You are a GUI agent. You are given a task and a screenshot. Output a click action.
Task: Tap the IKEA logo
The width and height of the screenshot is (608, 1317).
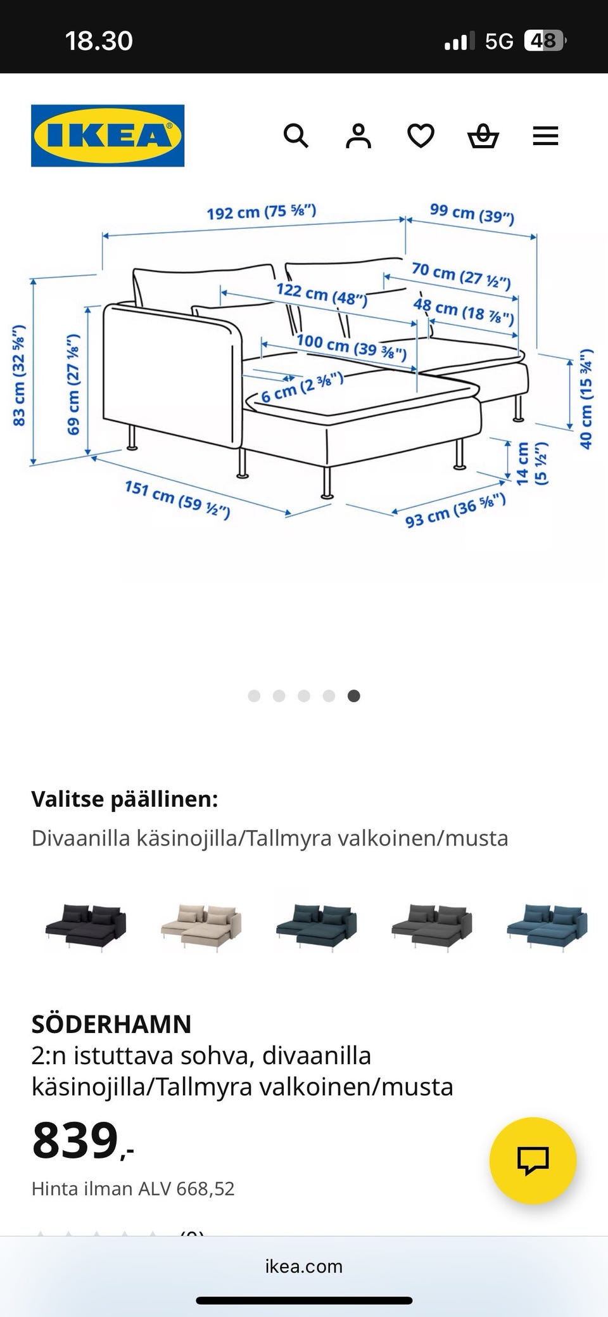click(108, 136)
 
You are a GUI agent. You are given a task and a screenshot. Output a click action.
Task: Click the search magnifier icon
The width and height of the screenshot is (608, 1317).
click(296, 136)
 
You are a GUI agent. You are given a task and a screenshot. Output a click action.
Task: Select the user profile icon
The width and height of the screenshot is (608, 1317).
click(358, 136)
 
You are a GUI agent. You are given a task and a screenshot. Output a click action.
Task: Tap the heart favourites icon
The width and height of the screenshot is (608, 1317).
click(421, 136)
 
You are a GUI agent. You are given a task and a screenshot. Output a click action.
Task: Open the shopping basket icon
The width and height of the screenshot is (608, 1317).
click(483, 136)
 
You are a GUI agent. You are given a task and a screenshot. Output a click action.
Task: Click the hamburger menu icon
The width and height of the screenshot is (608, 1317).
click(545, 136)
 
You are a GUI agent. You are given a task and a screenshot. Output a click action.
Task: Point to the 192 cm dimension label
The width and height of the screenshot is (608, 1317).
click(261, 212)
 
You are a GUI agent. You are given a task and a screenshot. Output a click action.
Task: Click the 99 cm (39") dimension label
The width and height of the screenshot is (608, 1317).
click(472, 214)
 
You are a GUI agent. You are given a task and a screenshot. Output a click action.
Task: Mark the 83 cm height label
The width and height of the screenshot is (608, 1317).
click(19, 375)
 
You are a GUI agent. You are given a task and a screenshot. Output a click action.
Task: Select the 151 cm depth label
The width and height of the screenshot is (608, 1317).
click(177, 499)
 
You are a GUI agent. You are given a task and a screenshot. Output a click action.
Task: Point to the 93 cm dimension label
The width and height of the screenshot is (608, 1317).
click(455, 510)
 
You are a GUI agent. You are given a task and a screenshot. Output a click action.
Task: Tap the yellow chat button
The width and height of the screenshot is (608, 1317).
click(533, 1160)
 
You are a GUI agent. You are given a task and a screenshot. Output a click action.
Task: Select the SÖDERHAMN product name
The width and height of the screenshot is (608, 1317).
click(111, 1024)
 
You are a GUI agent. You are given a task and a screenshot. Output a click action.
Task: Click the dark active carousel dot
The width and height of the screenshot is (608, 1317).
click(354, 696)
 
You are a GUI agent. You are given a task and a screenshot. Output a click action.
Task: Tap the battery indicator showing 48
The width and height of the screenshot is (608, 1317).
click(543, 41)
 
